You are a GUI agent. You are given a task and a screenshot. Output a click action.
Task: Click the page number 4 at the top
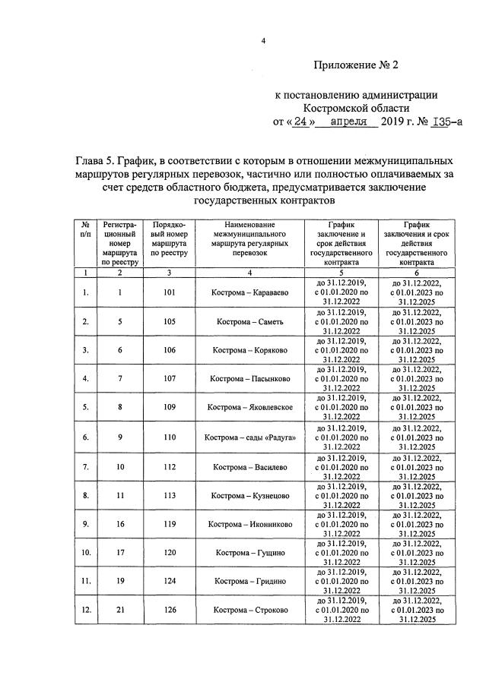[x=262, y=42]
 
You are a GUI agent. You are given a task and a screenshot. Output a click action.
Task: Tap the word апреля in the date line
[x=351, y=121]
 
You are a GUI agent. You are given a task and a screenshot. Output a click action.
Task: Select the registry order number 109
[x=169, y=408]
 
